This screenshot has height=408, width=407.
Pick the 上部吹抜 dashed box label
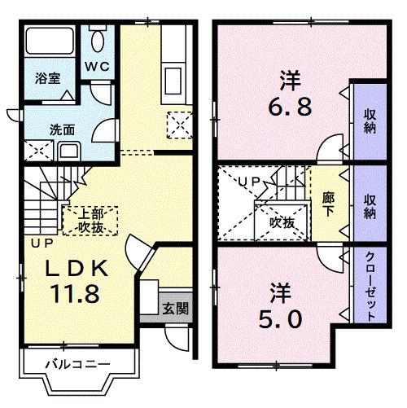(90, 220)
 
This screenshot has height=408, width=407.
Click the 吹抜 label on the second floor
(282, 221)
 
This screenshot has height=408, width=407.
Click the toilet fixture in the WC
(97, 42)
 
